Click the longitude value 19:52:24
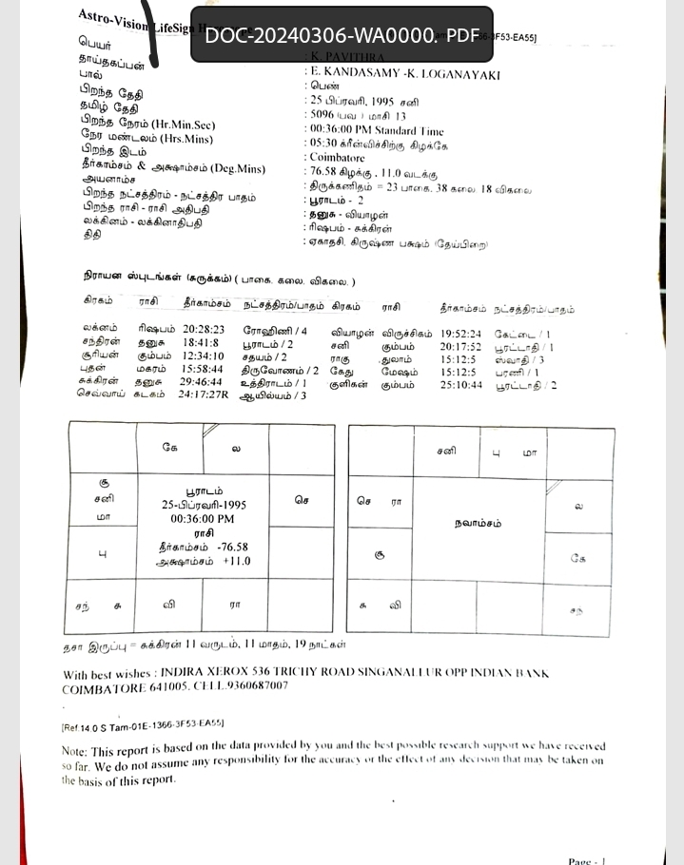coord(461,335)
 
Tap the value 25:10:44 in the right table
coord(461,386)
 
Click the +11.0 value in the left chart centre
coord(237,561)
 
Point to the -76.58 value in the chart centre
coord(232,547)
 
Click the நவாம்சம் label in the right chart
coord(478,523)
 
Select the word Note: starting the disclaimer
coord(75,749)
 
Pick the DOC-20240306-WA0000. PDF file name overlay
coord(342,35)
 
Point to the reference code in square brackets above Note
coord(143,723)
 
